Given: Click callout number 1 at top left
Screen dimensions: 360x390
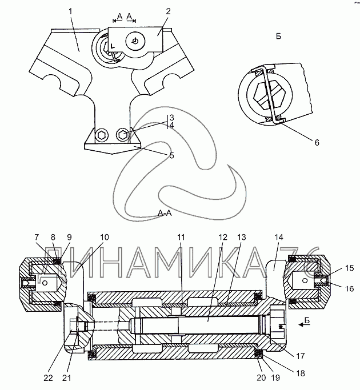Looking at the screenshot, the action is point(71,11).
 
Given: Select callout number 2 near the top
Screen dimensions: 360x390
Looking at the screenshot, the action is point(169,11).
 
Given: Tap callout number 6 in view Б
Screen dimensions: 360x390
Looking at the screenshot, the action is point(317,143).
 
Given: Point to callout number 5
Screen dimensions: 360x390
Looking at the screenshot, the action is point(172,156).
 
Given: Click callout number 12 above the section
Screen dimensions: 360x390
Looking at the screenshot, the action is point(223,237).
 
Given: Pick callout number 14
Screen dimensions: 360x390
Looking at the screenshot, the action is point(279,237).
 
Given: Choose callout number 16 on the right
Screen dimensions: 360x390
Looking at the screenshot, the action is point(350,288).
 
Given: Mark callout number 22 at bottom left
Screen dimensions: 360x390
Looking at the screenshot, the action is point(49,378).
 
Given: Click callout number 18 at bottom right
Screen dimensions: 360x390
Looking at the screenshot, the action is point(301,373).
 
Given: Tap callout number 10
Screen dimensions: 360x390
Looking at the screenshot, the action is point(105,237).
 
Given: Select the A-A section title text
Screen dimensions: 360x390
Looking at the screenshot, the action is point(165,213).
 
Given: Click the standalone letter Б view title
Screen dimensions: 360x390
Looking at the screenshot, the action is point(279,37).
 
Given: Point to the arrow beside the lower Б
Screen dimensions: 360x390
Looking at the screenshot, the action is point(302,324).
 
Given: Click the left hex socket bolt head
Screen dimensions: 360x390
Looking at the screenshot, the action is point(102,135).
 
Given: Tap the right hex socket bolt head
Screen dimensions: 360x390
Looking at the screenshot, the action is point(123,135).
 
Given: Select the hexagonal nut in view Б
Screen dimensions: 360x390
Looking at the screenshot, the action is point(269,95).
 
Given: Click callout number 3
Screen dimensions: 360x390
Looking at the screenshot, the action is point(172,118).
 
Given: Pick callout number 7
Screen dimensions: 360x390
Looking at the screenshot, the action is point(37,237).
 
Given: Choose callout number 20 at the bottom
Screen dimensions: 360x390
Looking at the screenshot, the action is point(261,378).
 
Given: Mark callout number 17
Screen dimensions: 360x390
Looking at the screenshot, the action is point(300,356).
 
